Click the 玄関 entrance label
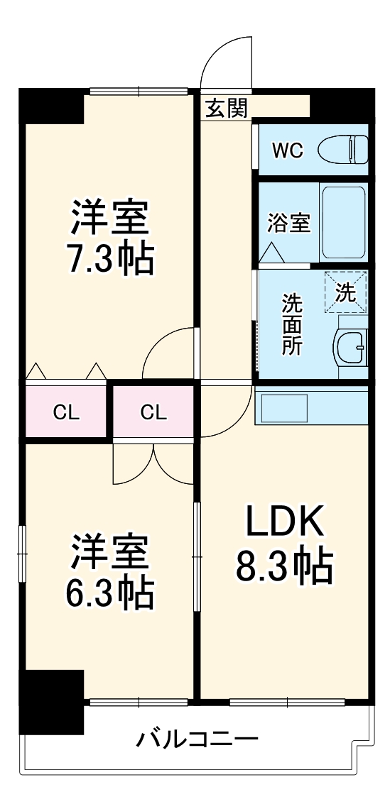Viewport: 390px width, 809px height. (227, 108)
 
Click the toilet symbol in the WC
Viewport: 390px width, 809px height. (342, 150)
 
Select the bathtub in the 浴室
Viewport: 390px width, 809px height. (343, 222)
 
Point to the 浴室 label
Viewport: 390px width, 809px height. (288, 222)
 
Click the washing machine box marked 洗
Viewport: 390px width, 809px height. (345, 292)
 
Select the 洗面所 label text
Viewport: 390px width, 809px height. (292, 324)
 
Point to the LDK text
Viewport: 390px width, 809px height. (284, 524)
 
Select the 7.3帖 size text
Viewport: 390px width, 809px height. (110, 258)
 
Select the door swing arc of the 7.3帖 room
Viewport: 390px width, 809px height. (167, 353)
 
